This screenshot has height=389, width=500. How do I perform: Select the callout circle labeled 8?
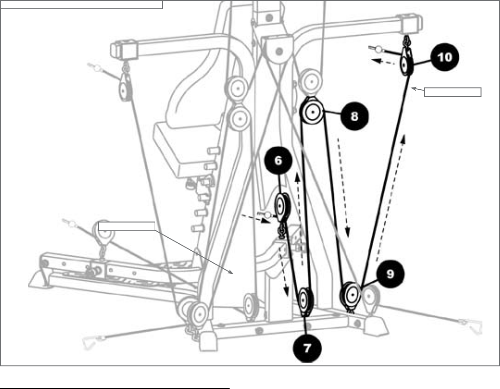coord(354,116)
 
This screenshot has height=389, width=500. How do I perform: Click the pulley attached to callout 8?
coord(312,111)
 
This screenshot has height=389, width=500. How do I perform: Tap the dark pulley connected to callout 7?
coord(305,301)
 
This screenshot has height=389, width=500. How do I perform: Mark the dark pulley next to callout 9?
coord(351,294)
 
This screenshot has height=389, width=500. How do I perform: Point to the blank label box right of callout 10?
coord(453,92)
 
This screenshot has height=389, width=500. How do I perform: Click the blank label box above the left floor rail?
coord(126,226)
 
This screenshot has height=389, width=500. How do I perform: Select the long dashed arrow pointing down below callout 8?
coord(344,185)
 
